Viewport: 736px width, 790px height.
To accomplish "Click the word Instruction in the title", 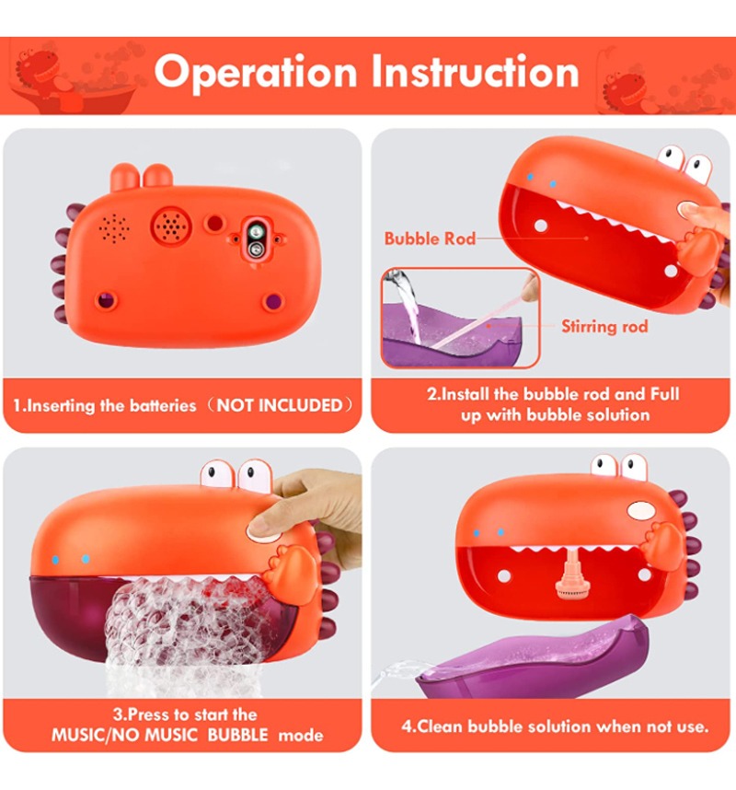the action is (x=476, y=72).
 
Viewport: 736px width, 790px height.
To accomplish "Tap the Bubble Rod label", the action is (x=430, y=238).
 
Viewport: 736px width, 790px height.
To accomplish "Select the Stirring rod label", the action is (x=604, y=327).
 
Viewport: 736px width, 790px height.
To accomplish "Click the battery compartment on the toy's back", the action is (x=256, y=240).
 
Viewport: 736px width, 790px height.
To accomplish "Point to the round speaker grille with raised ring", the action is (x=171, y=227).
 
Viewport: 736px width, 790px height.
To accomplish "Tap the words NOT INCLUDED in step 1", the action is (x=280, y=405).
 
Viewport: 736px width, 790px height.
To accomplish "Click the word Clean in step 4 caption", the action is (x=440, y=726).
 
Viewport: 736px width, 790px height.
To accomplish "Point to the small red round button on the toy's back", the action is (x=215, y=223).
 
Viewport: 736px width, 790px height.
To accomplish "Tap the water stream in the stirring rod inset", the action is (x=408, y=302).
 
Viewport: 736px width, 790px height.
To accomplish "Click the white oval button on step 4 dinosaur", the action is (x=641, y=511).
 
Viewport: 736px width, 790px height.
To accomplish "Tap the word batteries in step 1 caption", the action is (x=163, y=405).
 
